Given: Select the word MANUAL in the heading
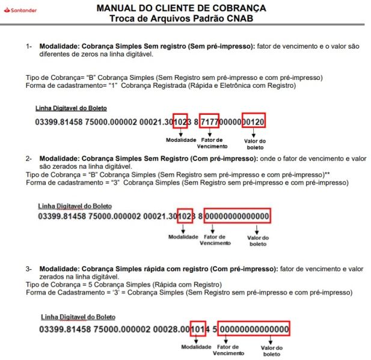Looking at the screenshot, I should [x=117, y=8].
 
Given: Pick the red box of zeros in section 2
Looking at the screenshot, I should [x=237, y=216].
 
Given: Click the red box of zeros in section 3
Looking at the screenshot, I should [x=254, y=329].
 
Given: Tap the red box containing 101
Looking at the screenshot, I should [x=197, y=329].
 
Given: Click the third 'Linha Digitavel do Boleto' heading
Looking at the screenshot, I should [x=78, y=317].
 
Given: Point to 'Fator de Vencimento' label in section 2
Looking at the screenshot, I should [x=214, y=240].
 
